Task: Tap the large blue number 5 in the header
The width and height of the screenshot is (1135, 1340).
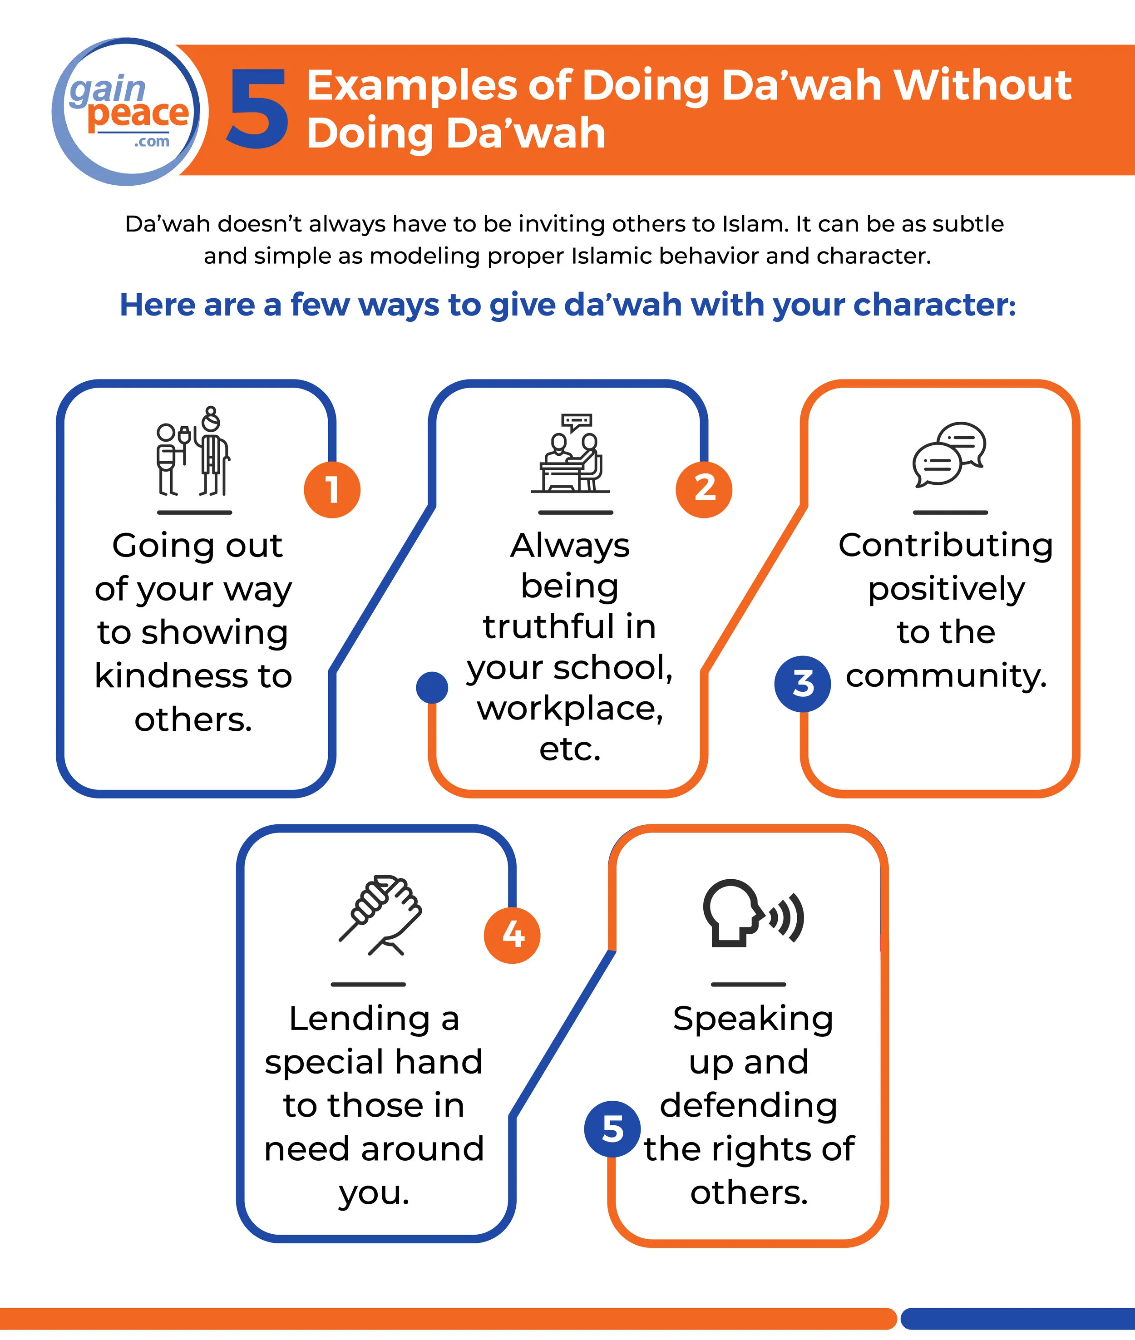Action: [258, 109]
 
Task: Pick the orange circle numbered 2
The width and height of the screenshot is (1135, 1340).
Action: [704, 489]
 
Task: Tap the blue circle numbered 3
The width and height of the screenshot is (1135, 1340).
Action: [802, 683]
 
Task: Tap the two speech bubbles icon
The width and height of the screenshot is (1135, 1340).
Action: [949, 455]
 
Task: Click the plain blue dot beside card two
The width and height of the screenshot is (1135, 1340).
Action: [432, 688]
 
